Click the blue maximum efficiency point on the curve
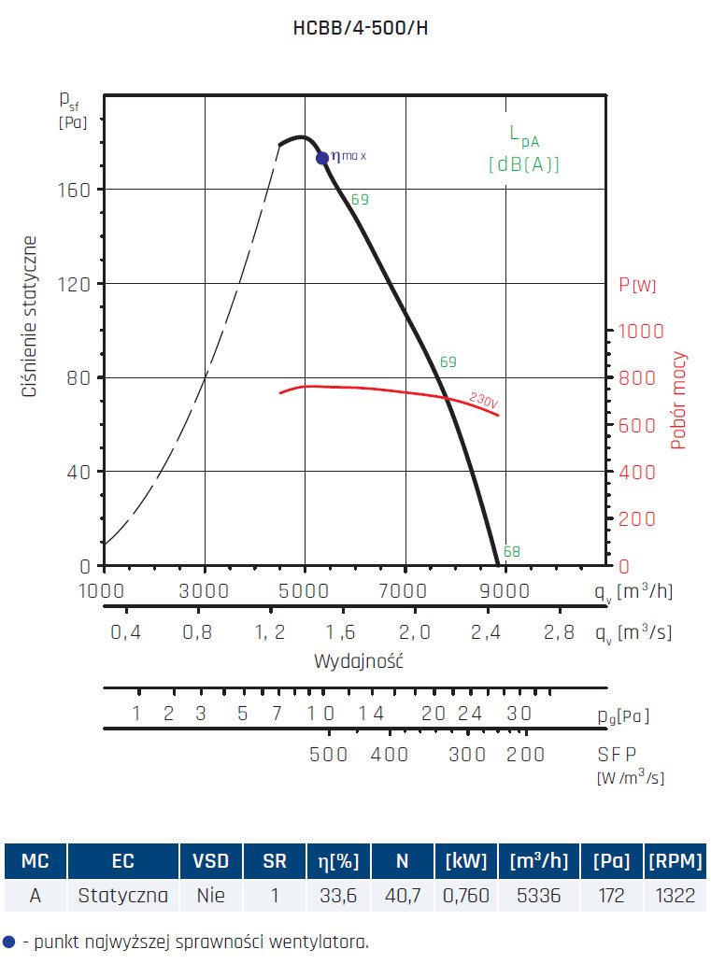pos(322,158)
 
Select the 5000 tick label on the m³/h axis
pos(306,590)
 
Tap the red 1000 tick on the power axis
pos(641,332)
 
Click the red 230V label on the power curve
pos(483,399)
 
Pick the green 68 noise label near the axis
pos(511,552)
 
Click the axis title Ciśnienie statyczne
pos(30,318)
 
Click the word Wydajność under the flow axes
pos(358,661)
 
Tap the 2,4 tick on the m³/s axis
pos(486,632)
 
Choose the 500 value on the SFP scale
pos(328,755)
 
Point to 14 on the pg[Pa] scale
pos(371,715)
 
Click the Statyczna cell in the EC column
pos(123,896)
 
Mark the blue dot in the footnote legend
pos(9,941)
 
